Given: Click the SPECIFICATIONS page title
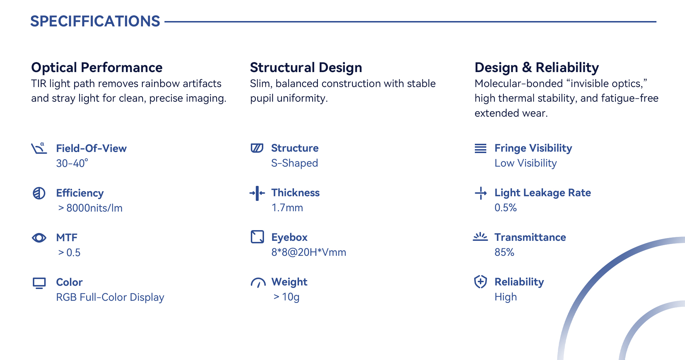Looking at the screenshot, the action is pyautogui.click(x=95, y=21).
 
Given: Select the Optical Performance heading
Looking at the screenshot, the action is pyautogui.click(x=97, y=67).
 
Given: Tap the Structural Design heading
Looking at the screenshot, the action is pyautogui.click(x=306, y=67).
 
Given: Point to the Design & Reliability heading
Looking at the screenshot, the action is pyautogui.click(x=537, y=67).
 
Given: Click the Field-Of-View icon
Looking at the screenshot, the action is pyautogui.click(x=39, y=148).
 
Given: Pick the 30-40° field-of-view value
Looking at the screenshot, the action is pyautogui.click(x=72, y=163).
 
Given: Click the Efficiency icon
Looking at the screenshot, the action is pyautogui.click(x=39, y=193).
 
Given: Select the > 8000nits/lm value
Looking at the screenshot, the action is pyautogui.click(x=90, y=208).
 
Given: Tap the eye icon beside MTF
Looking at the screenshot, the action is pyautogui.click(x=39, y=238).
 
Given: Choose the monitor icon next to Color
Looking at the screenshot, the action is pyautogui.click(x=39, y=283).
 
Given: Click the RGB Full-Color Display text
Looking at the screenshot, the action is pyautogui.click(x=110, y=297).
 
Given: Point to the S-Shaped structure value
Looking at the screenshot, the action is pyautogui.click(x=294, y=163).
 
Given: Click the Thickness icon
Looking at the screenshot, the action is pyautogui.click(x=257, y=193).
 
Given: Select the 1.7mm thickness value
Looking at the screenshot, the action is pyautogui.click(x=287, y=208).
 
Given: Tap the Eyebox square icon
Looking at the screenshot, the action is pyautogui.click(x=257, y=237).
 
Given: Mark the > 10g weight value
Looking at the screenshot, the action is pyautogui.click(x=286, y=297).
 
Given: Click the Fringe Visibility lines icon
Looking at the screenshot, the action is pyautogui.click(x=481, y=148).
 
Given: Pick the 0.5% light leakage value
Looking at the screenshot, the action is pyautogui.click(x=506, y=208).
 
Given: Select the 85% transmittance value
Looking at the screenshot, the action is pyautogui.click(x=504, y=252).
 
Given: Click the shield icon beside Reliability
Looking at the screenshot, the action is pyautogui.click(x=481, y=282).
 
